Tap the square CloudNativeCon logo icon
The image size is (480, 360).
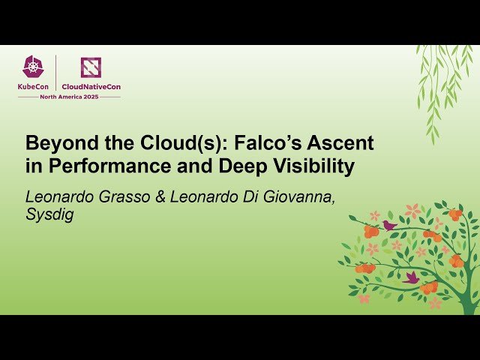91,67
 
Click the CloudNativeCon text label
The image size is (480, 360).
91,86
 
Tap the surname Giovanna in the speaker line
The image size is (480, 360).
304,196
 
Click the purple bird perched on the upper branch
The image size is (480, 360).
389,224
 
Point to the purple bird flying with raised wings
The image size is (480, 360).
411,277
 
